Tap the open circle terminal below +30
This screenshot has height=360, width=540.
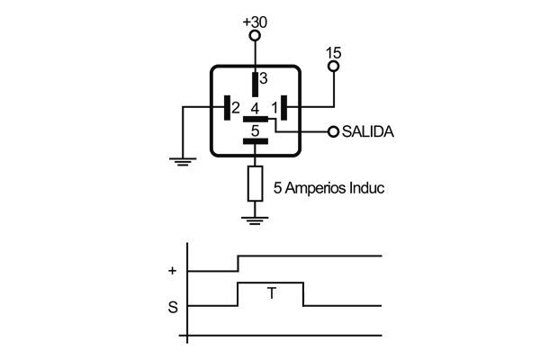click(x=255, y=36)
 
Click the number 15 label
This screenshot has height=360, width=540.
click(x=334, y=52)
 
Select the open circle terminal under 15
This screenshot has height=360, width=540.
click(x=334, y=67)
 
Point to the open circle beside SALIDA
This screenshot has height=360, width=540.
click(x=334, y=131)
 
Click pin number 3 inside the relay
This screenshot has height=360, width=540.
click(x=264, y=78)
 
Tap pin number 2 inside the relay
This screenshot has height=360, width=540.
click(x=235, y=108)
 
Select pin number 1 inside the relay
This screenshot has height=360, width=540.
click(x=274, y=108)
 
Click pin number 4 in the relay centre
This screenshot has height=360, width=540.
click(x=255, y=108)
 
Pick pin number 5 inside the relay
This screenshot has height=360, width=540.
click(x=256, y=130)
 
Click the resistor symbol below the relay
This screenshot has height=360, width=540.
click(x=255, y=183)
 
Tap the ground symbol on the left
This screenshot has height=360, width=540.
click(x=183, y=162)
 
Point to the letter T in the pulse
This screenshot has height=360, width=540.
click(x=270, y=292)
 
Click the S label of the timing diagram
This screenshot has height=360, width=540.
click(x=172, y=308)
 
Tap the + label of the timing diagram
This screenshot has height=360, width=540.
click(x=172, y=270)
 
